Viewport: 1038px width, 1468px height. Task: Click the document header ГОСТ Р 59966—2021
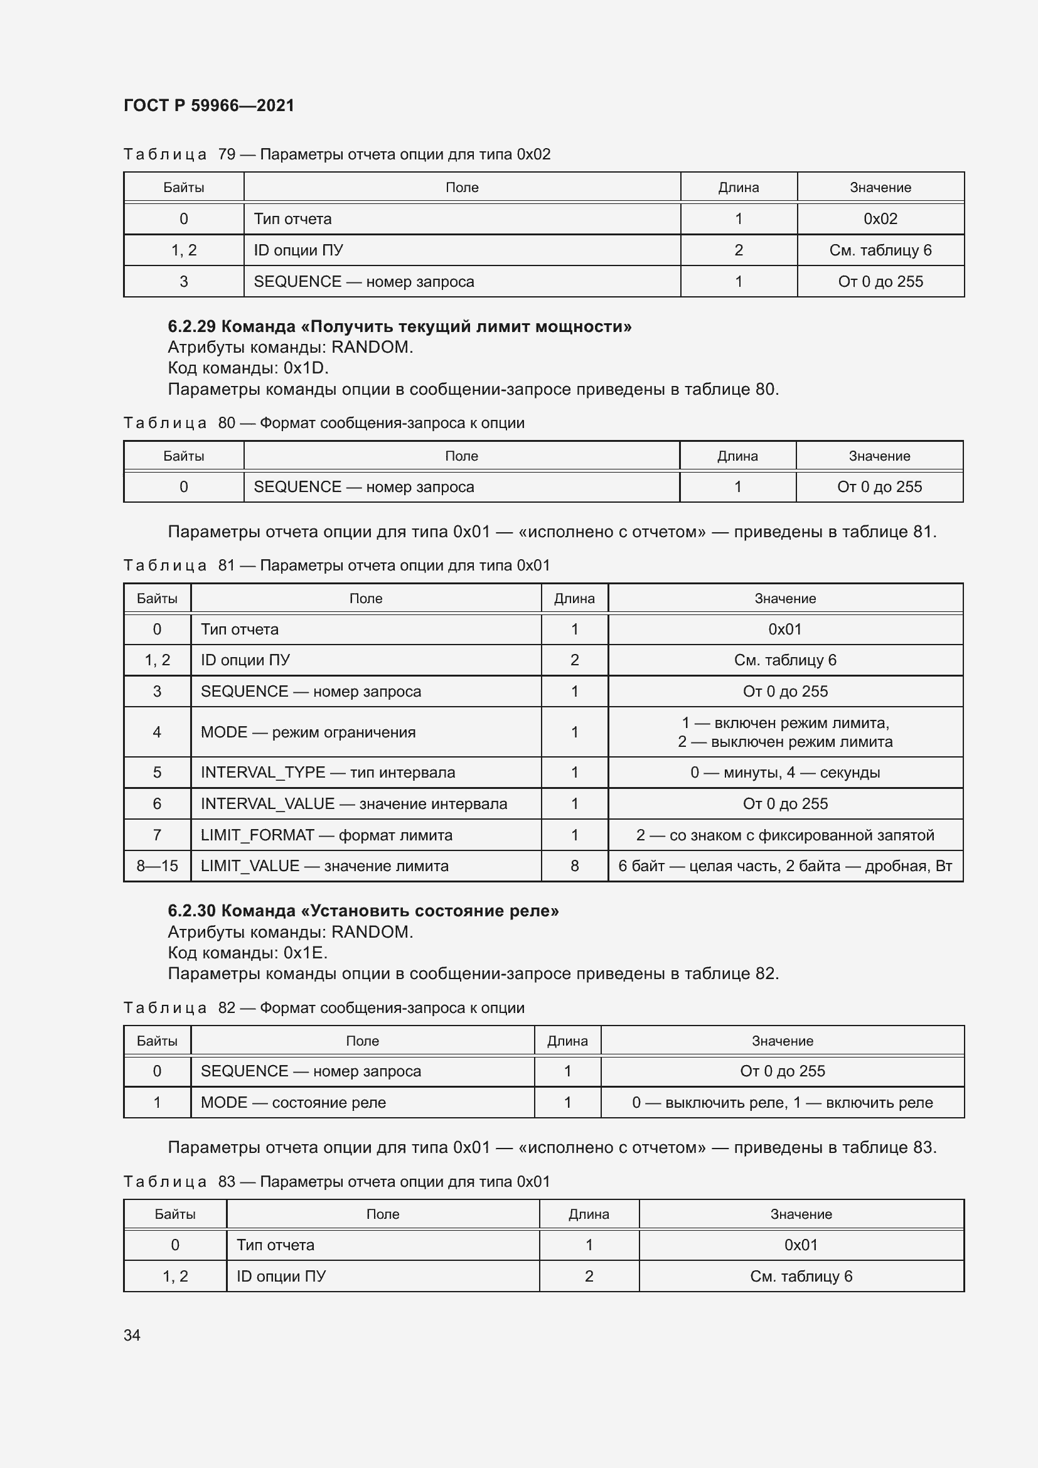click(209, 105)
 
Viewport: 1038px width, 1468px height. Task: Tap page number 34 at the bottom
click(132, 1335)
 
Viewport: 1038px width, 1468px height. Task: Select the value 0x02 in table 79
click(880, 218)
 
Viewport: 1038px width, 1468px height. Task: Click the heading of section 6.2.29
click(400, 327)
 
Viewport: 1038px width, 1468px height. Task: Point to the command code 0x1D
click(306, 368)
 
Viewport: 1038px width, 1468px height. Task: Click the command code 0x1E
click(306, 953)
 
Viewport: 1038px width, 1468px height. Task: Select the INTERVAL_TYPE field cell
click(328, 773)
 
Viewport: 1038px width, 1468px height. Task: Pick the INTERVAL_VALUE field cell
click(353, 804)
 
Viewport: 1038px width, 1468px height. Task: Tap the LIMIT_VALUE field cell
click(324, 865)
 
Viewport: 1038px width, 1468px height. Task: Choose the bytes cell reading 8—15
click(158, 865)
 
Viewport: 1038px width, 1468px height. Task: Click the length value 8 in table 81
click(575, 865)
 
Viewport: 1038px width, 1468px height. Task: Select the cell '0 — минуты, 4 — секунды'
click(785, 773)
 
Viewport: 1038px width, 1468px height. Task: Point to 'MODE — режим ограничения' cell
click(308, 732)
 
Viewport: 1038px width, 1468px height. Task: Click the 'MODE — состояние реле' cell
click(293, 1102)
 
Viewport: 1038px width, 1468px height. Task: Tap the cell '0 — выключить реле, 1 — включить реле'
click(783, 1102)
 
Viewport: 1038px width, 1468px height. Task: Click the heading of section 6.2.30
click(363, 911)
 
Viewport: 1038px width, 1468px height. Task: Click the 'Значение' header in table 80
click(879, 456)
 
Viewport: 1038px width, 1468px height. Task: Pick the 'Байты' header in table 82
click(158, 1041)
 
